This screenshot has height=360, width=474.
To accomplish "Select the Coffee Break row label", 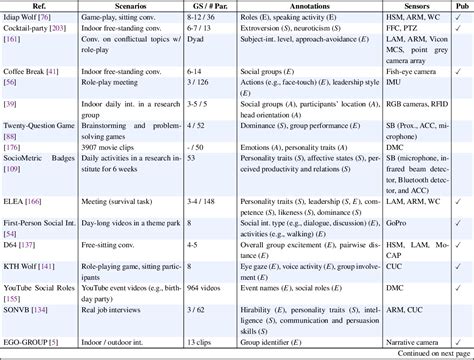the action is tap(30, 74).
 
